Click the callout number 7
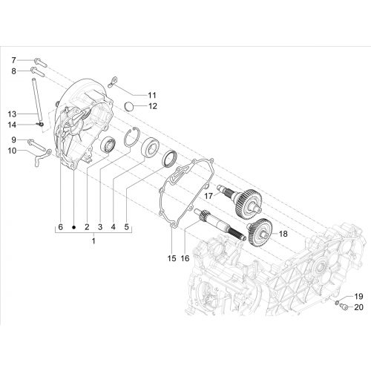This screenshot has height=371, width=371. (x=13, y=60)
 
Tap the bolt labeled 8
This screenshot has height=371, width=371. (x=38, y=71)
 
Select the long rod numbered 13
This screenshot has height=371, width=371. (x=36, y=100)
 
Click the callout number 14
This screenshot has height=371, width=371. (x=12, y=125)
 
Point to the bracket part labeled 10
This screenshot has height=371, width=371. (x=42, y=157)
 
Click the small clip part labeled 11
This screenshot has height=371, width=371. (x=114, y=82)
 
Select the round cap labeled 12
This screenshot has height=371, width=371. (x=128, y=107)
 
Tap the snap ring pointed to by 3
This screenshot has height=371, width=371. (x=131, y=137)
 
